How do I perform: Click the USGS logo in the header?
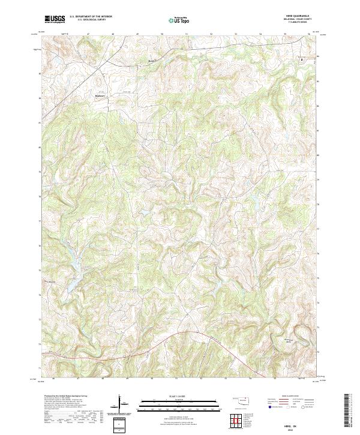[55, 19]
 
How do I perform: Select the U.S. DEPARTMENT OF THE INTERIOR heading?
[91, 17]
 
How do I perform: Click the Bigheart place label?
[100, 94]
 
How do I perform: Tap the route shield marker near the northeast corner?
[302, 59]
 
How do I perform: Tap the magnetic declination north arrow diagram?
[121, 404]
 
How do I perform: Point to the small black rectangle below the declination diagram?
[121, 425]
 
